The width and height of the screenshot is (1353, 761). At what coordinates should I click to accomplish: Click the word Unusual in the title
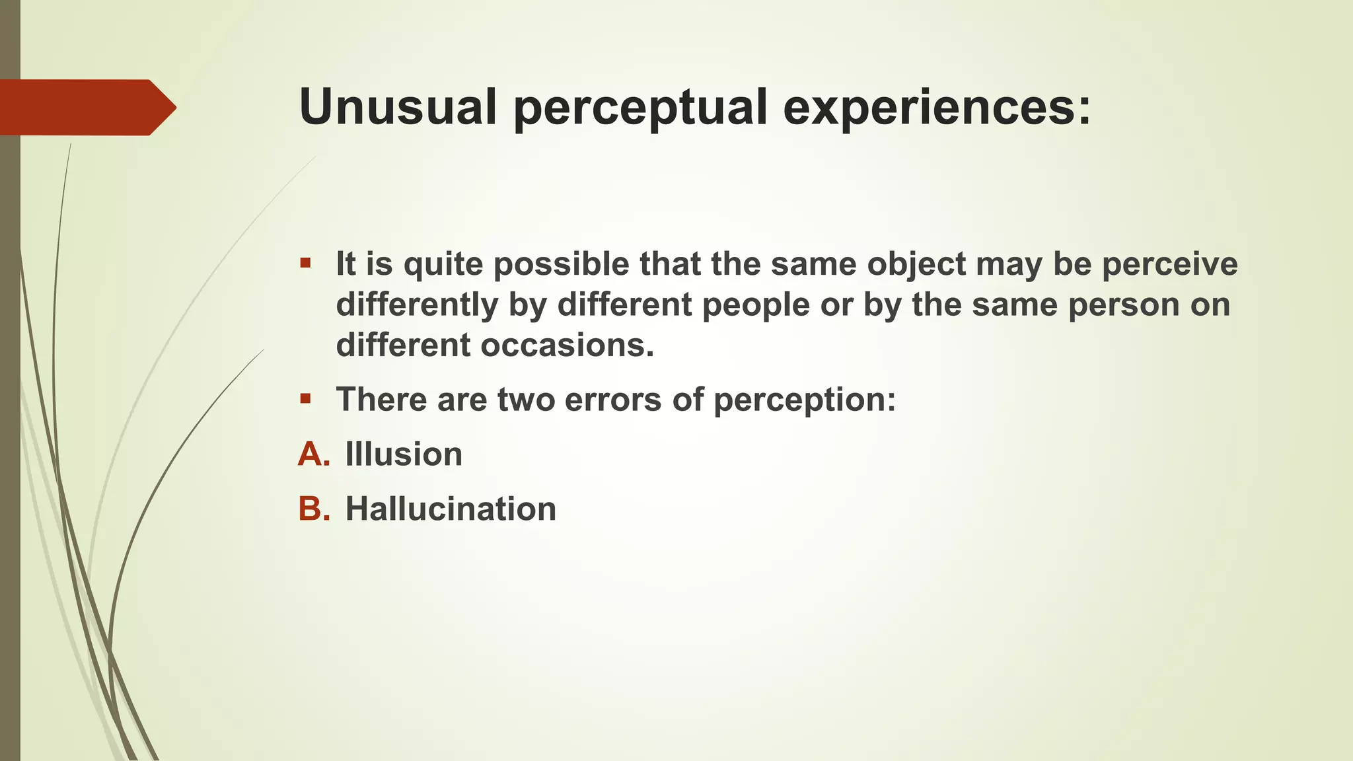(397, 107)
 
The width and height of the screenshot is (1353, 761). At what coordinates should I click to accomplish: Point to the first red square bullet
(305, 264)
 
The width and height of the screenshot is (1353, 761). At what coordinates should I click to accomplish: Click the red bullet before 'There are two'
(305, 399)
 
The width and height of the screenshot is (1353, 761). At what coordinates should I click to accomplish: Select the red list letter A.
(314, 454)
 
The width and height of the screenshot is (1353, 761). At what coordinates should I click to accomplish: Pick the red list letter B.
(314, 509)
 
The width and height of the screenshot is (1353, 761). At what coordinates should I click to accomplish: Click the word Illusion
(404, 454)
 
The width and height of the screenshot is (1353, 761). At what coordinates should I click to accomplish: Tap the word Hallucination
(451, 509)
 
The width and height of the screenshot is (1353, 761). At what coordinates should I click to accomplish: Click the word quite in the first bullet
(443, 265)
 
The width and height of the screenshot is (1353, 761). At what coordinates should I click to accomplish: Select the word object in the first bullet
(916, 265)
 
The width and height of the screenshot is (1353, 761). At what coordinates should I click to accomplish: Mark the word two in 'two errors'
(526, 400)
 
